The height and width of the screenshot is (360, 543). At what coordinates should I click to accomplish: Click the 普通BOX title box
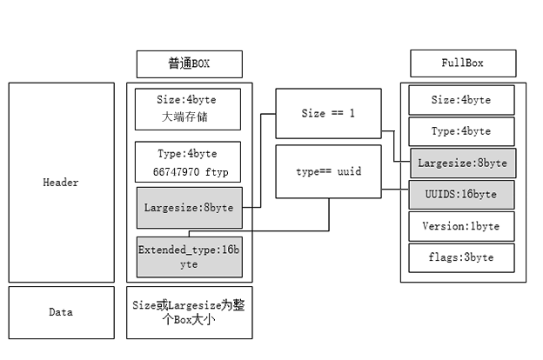(189, 63)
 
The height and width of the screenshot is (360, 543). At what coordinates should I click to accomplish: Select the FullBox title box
(462, 63)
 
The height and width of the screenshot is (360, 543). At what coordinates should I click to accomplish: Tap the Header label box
(61, 183)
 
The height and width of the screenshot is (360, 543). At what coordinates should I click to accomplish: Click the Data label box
(61, 312)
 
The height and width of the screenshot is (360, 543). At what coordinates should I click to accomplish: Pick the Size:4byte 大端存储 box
(189, 108)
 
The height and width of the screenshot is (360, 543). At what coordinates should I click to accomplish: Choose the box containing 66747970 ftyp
(189, 162)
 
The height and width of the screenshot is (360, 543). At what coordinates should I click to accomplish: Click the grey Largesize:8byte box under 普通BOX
(189, 208)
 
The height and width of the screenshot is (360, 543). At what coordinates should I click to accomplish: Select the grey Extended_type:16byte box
(189, 257)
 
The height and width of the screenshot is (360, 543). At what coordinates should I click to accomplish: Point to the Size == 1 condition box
(327, 113)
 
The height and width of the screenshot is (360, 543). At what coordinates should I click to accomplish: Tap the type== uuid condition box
(327, 171)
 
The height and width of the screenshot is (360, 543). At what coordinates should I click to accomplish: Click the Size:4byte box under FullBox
(461, 100)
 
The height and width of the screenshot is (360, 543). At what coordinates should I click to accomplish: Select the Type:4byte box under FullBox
(461, 130)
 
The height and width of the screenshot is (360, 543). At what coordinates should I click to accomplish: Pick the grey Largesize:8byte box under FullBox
(461, 163)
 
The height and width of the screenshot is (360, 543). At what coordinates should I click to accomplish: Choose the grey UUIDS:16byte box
(461, 195)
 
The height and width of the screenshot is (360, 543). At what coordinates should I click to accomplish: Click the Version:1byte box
(461, 226)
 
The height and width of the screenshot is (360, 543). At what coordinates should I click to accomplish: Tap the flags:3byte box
(461, 257)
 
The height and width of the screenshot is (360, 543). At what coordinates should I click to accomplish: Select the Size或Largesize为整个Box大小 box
(189, 312)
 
